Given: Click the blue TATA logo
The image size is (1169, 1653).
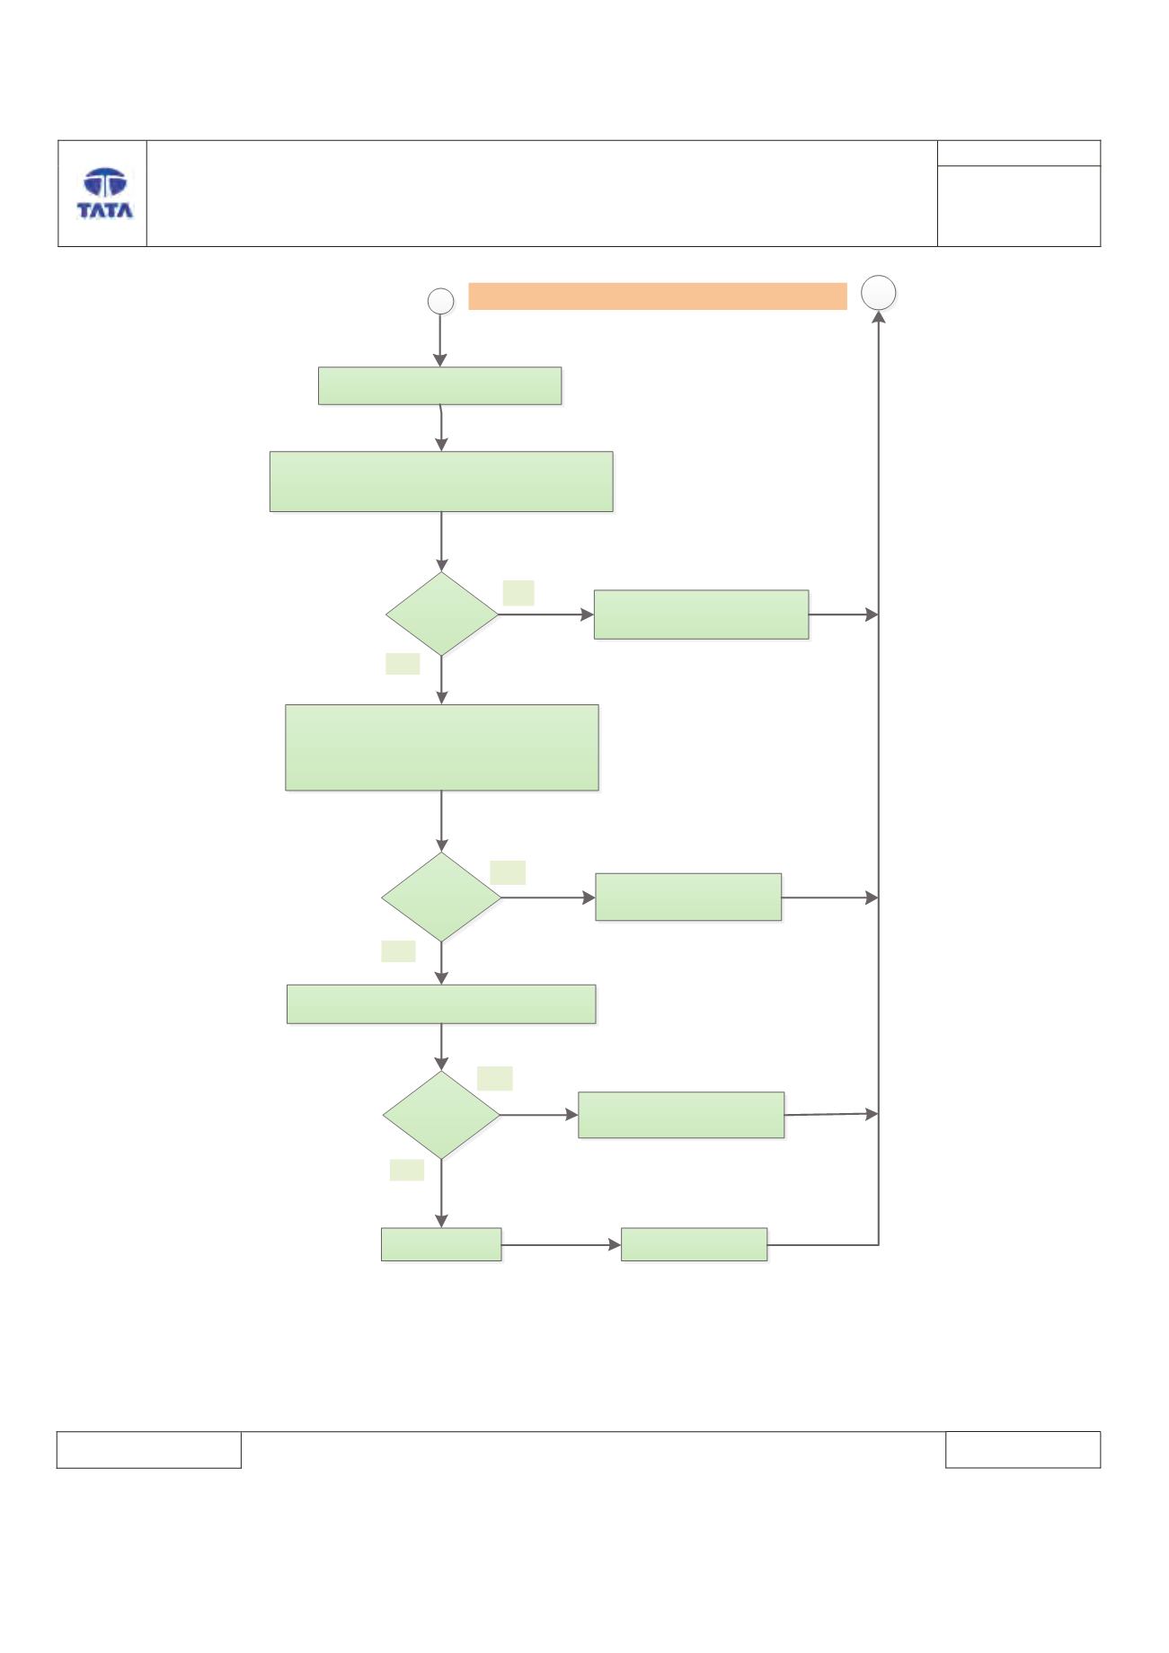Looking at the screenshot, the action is (105, 193).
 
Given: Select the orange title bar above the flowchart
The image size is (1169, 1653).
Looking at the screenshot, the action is (658, 296).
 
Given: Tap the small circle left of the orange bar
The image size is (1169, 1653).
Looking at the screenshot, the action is (440, 301).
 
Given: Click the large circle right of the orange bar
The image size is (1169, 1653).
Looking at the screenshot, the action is (879, 293).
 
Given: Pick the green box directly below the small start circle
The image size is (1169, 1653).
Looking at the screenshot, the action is (440, 385).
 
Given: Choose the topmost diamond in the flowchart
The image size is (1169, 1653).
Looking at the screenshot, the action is (441, 614).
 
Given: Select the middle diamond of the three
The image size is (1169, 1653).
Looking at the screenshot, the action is (441, 897).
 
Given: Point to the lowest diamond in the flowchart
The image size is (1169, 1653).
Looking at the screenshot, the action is (441, 1115).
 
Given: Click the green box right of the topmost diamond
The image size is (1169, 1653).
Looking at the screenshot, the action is (701, 614).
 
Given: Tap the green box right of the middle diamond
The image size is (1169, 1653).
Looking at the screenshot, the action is (688, 897).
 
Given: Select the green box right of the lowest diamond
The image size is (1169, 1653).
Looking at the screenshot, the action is (681, 1115).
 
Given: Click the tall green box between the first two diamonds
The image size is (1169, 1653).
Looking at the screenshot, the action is (442, 747).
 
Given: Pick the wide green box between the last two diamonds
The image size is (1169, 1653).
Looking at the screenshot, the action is (441, 1004).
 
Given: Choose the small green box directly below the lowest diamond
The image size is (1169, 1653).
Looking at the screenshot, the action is (441, 1244).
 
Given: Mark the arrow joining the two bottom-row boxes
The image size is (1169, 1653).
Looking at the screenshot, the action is (562, 1245).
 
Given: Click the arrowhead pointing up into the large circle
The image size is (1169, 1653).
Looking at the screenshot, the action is (879, 317).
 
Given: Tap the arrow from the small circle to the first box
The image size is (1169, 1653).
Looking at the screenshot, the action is (440, 340).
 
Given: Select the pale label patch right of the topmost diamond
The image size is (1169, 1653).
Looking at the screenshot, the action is (518, 593).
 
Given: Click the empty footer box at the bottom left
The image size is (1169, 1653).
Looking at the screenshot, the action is (149, 1449).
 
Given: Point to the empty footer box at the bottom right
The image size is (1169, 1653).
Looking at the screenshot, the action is (1023, 1449).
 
